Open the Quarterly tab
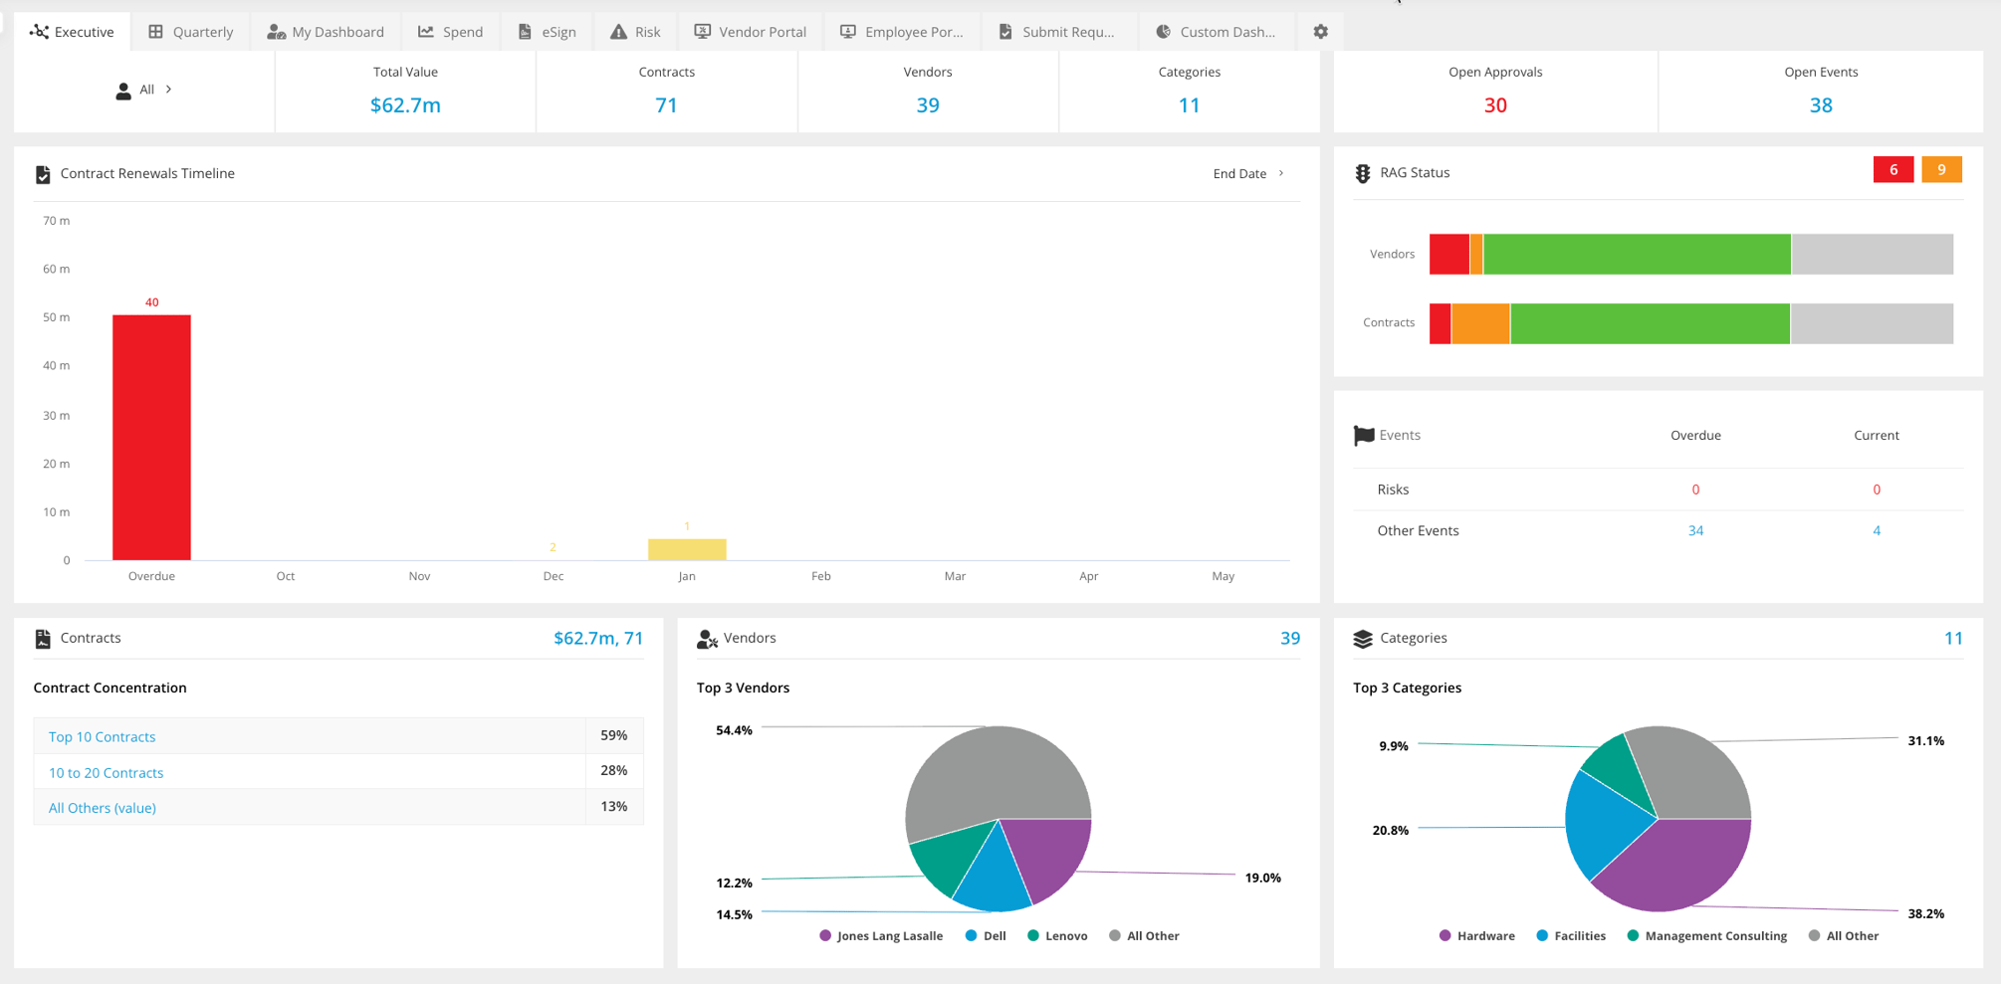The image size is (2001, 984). [190, 32]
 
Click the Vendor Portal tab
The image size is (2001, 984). [751, 32]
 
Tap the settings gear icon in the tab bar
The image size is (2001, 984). [1320, 32]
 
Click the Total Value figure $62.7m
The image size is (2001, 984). [405, 105]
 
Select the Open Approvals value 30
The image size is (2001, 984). [1494, 105]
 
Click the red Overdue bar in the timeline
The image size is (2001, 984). [151, 438]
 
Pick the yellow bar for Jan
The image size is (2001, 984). [687, 549]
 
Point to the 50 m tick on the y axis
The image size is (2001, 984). [57, 317]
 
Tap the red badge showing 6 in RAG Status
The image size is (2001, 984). [1892, 170]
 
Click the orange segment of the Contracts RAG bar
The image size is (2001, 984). [1480, 323]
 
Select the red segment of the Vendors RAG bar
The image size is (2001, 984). [1448, 255]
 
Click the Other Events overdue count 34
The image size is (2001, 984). [1694, 530]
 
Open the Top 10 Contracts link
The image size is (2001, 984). [102, 737]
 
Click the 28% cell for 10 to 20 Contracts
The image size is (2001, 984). [613, 771]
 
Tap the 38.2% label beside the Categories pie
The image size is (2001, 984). [1925, 913]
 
